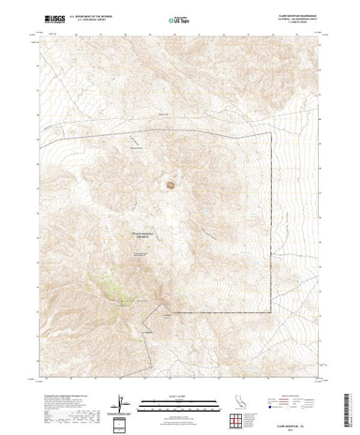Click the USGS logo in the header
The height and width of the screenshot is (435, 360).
[54, 20]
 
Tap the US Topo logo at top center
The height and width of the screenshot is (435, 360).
[180, 20]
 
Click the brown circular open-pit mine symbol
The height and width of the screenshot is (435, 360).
[169, 184]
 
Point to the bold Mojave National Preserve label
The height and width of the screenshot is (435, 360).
[147, 236]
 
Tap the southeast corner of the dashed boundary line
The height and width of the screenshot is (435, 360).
[271, 312]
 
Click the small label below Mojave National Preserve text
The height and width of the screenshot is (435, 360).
[142, 253]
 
